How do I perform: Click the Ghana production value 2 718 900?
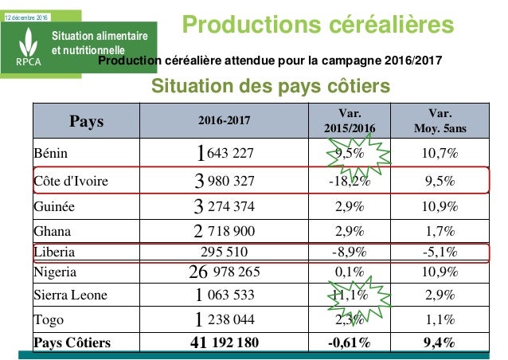click(x=224, y=232)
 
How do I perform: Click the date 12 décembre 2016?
click(x=26, y=6)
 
